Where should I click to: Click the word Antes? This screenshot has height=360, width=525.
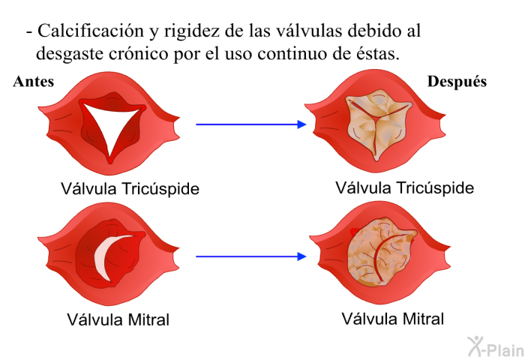(34, 82)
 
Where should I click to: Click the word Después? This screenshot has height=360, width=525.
(457, 82)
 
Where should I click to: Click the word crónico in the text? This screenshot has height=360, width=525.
(138, 53)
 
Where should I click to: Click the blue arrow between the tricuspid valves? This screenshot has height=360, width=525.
(251, 124)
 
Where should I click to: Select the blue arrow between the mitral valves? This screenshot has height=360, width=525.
(251, 256)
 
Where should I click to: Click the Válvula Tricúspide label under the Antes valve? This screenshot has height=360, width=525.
(130, 188)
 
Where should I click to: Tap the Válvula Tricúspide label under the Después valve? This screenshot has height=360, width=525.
(405, 187)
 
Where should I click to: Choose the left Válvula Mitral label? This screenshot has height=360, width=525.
(118, 319)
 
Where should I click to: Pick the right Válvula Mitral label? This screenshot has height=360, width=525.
(393, 319)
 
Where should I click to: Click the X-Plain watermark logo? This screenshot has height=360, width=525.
(496, 347)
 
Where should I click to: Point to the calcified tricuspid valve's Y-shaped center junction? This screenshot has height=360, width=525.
(377, 118)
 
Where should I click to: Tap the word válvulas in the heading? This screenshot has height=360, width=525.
(309, 31)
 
